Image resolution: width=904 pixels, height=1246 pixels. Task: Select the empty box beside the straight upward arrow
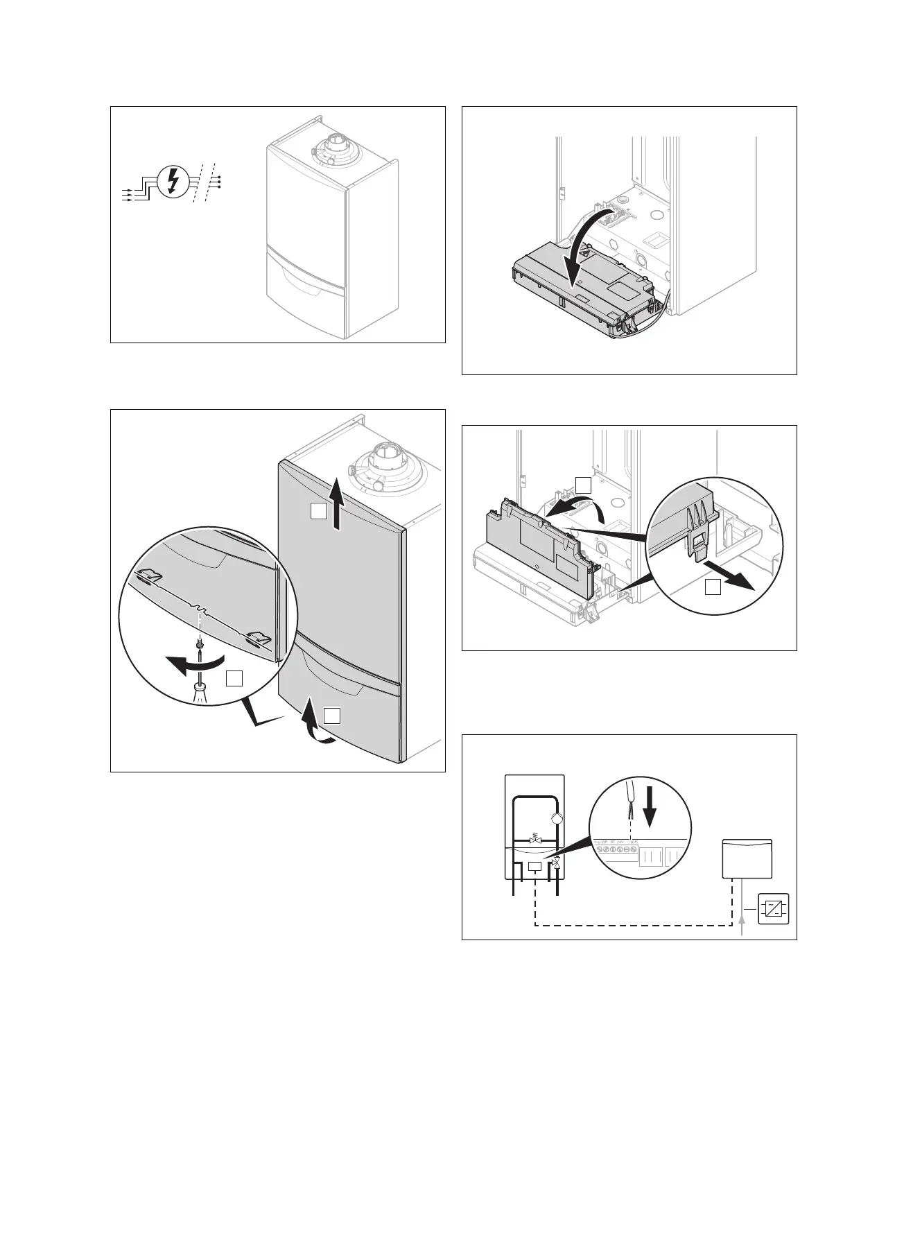pyautogui.click(x=318, y=512)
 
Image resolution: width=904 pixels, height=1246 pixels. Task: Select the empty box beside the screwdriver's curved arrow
pyautogui.click(x=235, y=678)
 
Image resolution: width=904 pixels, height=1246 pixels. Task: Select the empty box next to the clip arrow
pyautogui.click(x=712, y=588)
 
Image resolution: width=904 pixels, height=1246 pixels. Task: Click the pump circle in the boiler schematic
pyautogui.click(x=557, y=817)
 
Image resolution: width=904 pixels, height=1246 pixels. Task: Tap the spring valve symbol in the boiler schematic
pyautogui.click(x=534, y=840)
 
